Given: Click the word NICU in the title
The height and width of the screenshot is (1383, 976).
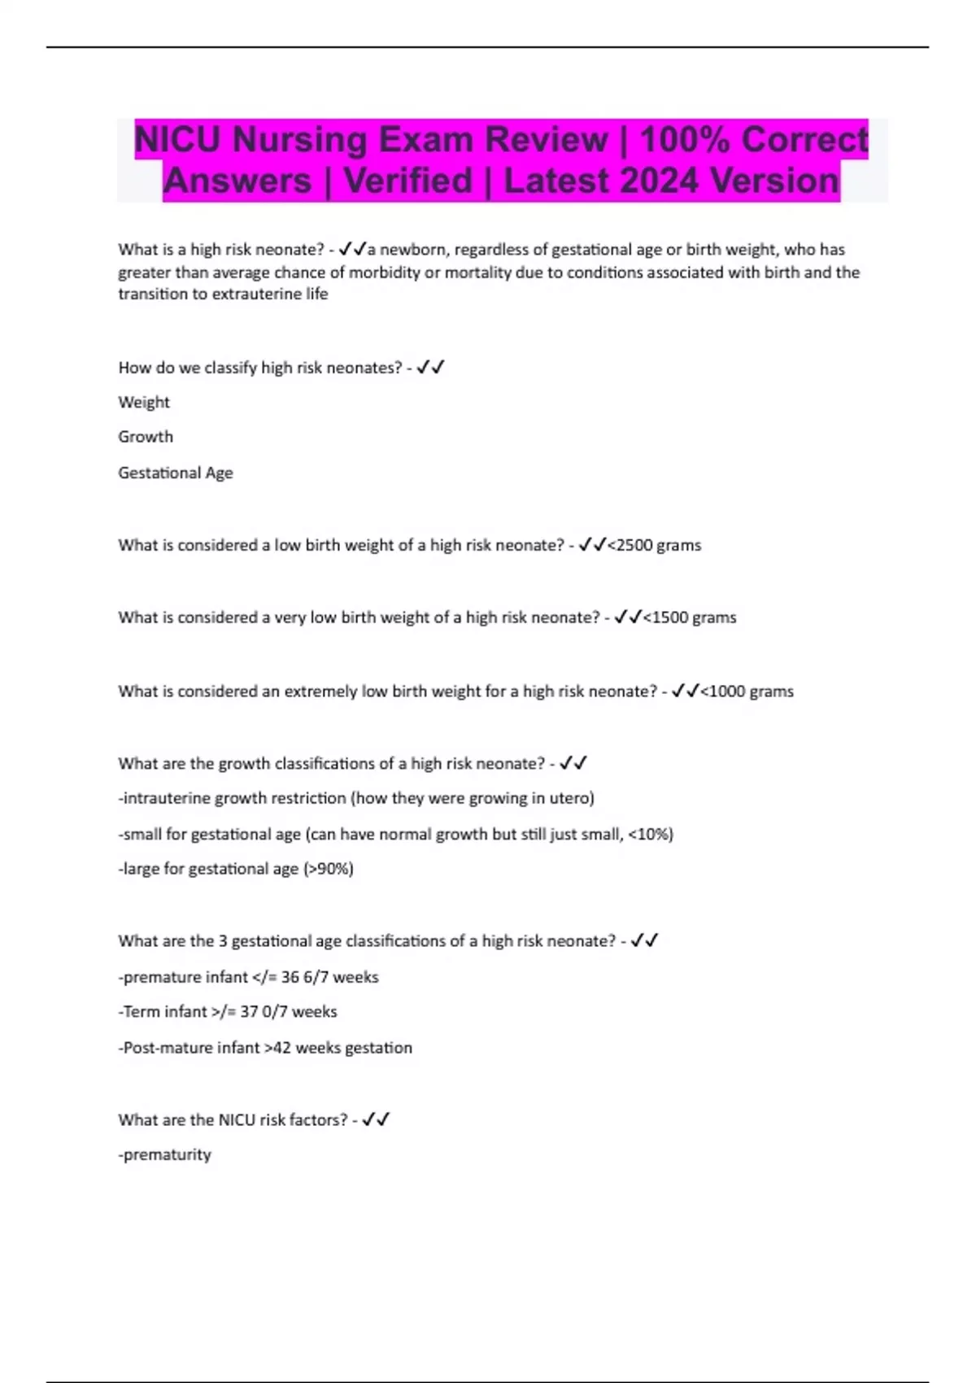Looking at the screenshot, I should tap(177, 139).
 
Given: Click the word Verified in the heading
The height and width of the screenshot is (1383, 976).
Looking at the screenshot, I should tap(407, 181).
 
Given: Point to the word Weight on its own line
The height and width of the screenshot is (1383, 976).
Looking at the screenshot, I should tap(144, 402).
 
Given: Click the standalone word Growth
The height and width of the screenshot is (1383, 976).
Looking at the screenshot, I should tap(146, 437).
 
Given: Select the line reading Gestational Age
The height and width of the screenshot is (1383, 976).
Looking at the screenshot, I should tap(176, 473).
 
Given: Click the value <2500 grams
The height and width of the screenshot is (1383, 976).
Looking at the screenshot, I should tap(655, 545).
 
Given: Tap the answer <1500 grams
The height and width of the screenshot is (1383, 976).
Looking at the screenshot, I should tap(690, 617).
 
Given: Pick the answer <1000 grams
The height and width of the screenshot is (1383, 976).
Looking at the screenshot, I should tap(747, 691).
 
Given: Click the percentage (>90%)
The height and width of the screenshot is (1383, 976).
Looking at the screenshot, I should tap(329, 869).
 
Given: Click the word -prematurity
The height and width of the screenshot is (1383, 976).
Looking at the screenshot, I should tap(165, 1154).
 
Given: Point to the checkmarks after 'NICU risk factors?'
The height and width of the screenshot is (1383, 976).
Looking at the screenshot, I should tap(376, 1119).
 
